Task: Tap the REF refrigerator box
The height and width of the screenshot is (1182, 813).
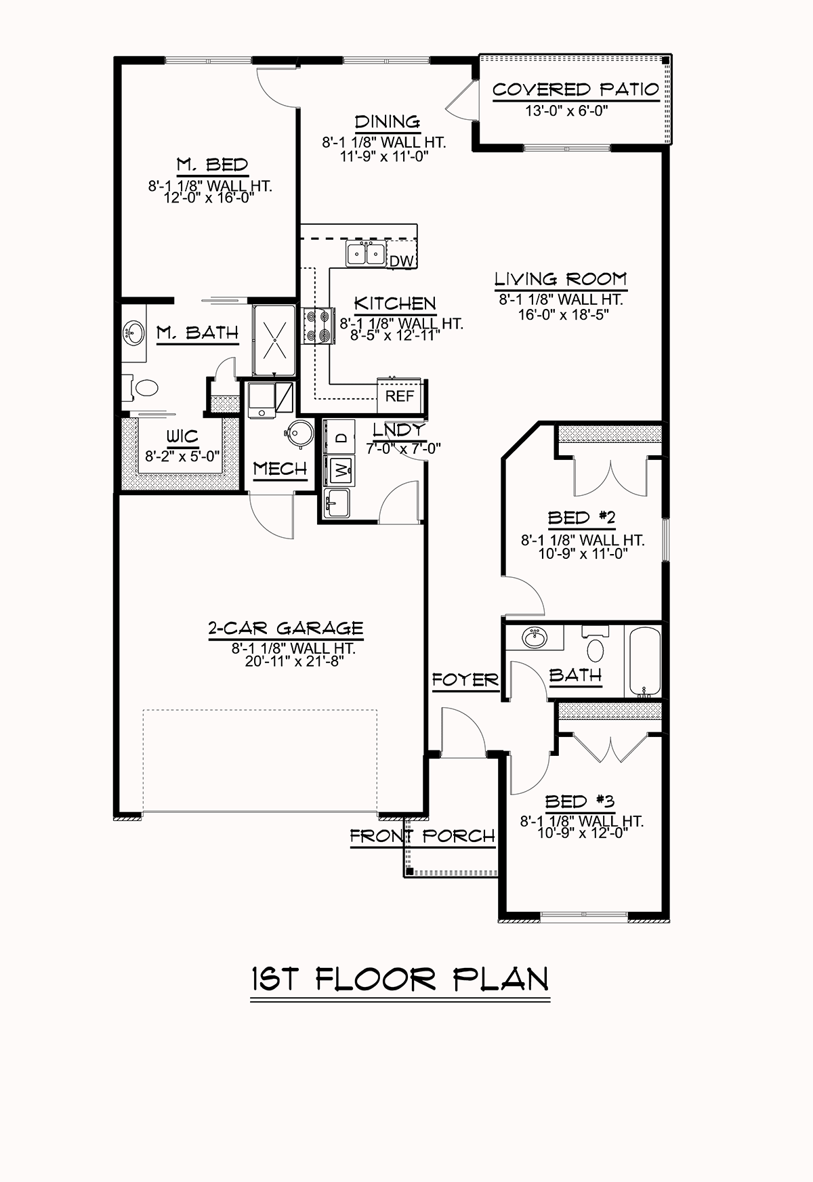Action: coord(399,396)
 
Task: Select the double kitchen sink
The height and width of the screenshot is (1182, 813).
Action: coord(366,255)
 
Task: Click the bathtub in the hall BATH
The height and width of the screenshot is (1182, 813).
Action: coord(644,662)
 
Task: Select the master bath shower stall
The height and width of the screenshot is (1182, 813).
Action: coord(274,339)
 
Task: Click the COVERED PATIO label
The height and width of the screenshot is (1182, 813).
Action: coord(575,89)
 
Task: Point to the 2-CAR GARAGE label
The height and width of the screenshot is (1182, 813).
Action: coord(285,628)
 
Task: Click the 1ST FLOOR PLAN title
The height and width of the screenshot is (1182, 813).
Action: coord(400,979)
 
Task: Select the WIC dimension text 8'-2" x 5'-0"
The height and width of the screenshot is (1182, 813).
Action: coord(182,456)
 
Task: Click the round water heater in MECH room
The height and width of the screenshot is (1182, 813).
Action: coord(299,432)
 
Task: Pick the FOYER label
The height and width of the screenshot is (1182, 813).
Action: coord(465,679)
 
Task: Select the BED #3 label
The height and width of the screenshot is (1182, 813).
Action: coord(579,802)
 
